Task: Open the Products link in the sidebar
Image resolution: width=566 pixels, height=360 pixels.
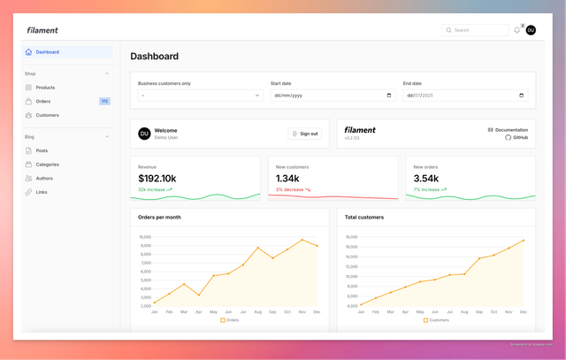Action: point(45,88)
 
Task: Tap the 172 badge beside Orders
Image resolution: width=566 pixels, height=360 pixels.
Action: point(104,102)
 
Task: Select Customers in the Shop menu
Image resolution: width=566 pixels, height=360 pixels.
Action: point(47,115)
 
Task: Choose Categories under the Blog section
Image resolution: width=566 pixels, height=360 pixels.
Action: point(47,165)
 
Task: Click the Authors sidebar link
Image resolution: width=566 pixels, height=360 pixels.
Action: point(44,178)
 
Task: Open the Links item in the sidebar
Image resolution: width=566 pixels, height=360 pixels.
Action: point(42,192)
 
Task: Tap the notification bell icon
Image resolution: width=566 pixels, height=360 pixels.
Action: point(517,30)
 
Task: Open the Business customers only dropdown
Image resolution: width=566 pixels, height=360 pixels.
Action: point(200,95)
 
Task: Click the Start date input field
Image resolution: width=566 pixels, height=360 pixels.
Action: point(333,95)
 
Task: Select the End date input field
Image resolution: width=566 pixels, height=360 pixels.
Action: point(465,95)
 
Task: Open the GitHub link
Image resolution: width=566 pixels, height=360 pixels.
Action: point(520,137)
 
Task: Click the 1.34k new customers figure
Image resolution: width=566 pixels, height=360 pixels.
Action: point(288,179)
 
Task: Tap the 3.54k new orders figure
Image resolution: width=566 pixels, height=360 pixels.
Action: point(426,179)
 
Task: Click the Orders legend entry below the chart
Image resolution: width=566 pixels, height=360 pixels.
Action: point(230,320)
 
